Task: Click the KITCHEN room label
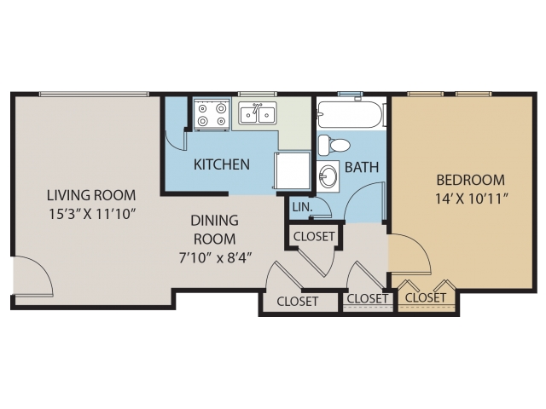click(222, 164)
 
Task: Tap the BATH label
click(362, 167)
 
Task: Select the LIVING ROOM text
click(91, 195)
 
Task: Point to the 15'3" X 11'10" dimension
click(91, 214)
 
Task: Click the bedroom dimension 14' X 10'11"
click(470, 199)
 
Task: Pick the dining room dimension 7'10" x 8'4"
click(215, 258)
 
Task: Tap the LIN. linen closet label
click(302, 207)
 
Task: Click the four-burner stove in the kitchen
click(212, 115)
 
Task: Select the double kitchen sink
click(258, 113)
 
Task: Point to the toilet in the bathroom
click(334, 145)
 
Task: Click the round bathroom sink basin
click(328, 176)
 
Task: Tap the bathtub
click(350, 114)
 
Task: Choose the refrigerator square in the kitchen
click(293, 170)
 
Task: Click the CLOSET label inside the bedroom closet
click(426, 297)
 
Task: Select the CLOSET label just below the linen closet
click(314, 237)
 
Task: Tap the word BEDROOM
click(470, 180)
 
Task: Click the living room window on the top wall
click(94, 94)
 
